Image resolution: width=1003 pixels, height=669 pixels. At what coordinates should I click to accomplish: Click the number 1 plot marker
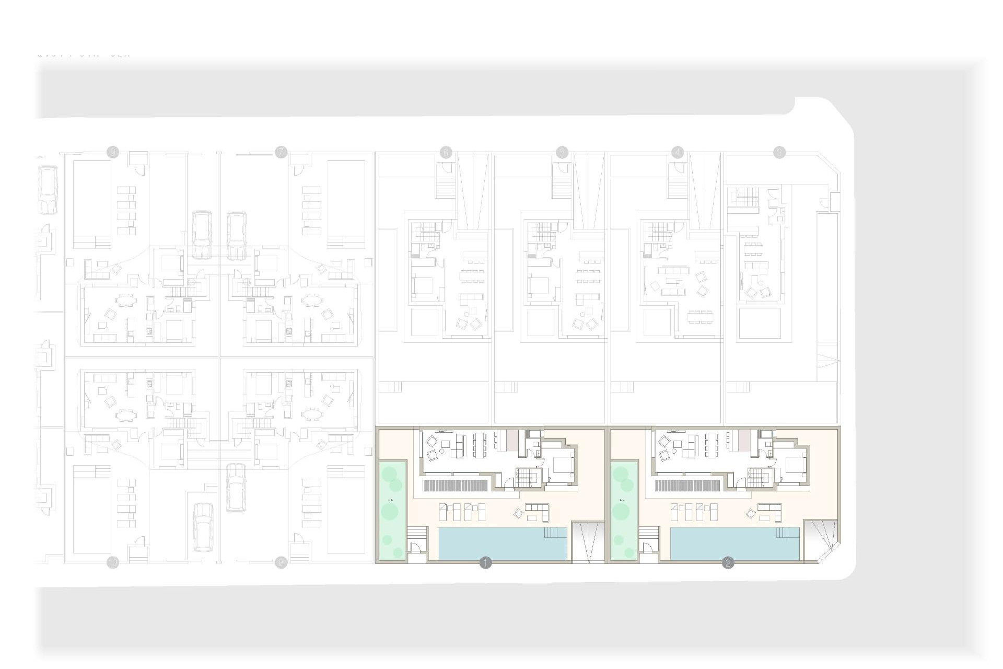coord(485,563)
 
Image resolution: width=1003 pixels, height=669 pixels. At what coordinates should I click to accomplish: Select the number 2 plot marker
coord(728,563)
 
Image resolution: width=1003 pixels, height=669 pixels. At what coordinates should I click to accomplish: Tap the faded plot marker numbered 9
coord(112,152)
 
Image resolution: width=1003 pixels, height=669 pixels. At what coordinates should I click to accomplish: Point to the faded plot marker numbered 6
coord(446,152)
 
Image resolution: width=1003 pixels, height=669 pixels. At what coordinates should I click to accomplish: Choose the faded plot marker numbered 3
coord(779,152)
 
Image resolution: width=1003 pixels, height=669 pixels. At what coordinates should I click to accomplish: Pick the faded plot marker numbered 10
coord(112,563)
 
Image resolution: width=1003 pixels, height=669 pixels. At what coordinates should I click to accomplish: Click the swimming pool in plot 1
coord(501,544)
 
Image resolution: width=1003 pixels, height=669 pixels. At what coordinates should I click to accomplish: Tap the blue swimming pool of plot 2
coord(734,544)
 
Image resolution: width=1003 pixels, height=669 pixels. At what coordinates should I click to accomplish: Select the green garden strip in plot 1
coord(392,510)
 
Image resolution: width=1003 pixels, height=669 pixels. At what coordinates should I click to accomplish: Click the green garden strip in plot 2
coord(624,510)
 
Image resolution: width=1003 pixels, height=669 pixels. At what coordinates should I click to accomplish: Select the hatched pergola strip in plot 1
coord(456,486)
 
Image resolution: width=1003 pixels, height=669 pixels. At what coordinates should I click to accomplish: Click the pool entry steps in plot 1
coord(555,533)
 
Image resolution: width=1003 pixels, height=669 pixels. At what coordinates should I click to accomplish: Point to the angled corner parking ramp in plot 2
coord(821,539)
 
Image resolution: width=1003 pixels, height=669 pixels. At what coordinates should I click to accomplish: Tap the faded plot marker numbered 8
coord(281,563)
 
